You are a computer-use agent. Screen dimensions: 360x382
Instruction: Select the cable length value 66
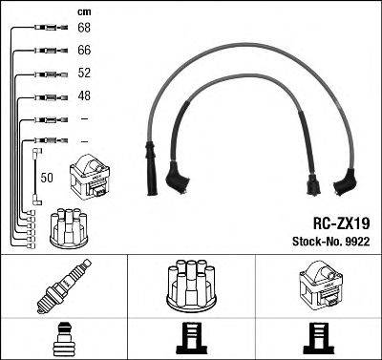click(84, 49)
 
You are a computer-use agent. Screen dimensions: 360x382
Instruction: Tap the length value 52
click(84, 73)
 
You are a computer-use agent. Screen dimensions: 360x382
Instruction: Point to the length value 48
click(84, 95)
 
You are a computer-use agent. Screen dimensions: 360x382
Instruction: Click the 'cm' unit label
click(82, 11)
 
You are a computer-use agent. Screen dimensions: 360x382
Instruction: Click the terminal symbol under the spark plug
click(63, 339)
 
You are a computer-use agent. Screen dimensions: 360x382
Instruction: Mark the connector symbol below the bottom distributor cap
click(190, 339)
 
